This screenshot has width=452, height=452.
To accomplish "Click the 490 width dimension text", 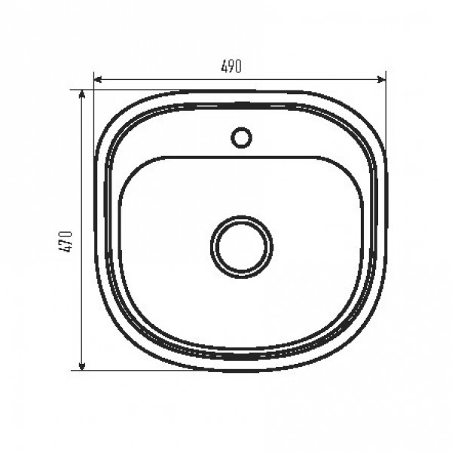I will point(231,67).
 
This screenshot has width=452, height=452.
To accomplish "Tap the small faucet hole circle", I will point(241,137).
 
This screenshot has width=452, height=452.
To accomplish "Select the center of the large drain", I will point(241,246).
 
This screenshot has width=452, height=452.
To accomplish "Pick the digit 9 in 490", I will point(231,67).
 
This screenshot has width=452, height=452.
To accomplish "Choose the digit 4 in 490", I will point(224,67).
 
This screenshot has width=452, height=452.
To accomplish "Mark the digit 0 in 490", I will point(238,67).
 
